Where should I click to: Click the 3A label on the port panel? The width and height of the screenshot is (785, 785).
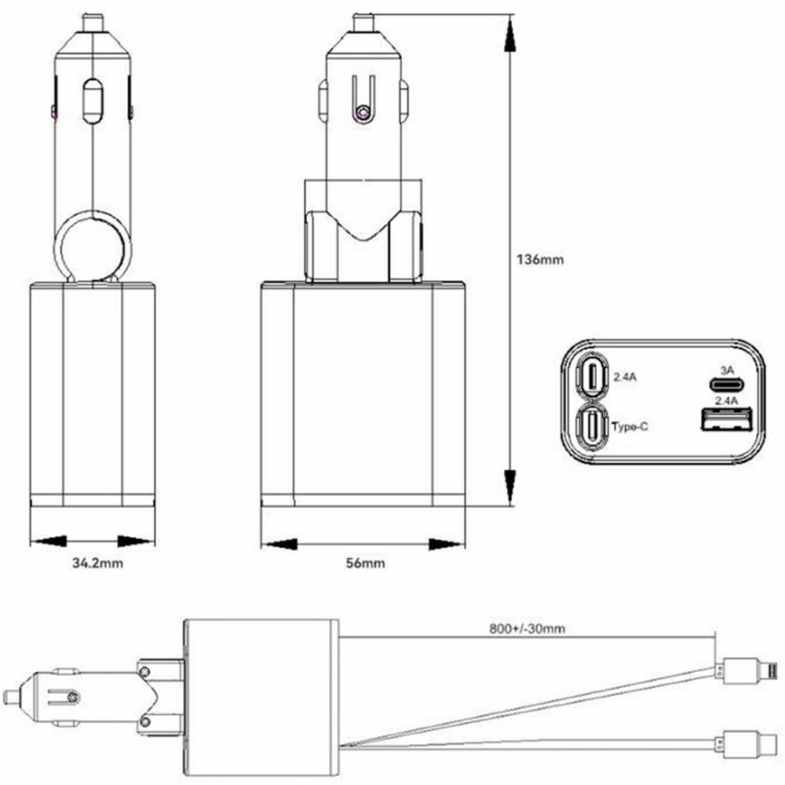pyautogui.click(x=726, y=370)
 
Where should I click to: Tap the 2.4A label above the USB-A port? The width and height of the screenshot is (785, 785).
pyautogui.click(x=728, y=400)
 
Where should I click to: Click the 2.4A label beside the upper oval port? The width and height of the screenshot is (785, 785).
pyautogui.click(x=625, y=377)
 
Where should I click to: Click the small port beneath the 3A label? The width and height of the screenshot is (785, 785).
pyautogui.click(x=727, y=385)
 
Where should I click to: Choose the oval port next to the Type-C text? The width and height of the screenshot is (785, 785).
pyautogui.click(x=590, y=426)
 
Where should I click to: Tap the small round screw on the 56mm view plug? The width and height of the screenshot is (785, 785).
pyautogui.click(x=362, y=115)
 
